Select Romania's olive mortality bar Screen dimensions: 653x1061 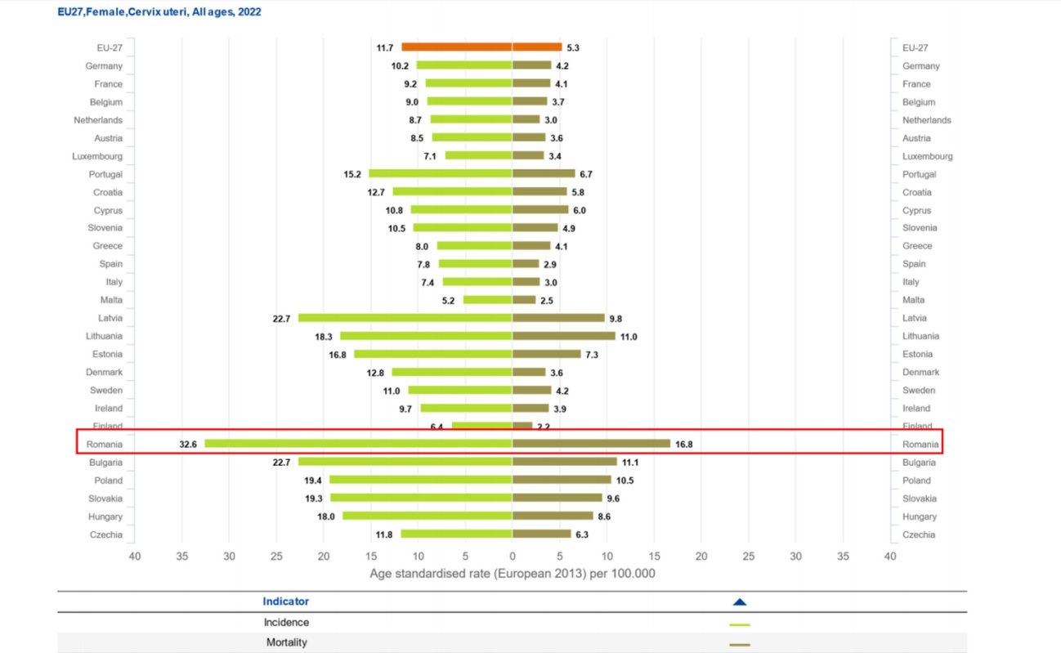click(x=591, y=444)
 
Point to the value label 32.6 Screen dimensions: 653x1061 click(x=189, y=445)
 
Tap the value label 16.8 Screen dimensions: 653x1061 click(x=684, y=445)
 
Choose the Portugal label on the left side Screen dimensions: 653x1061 click(x=105, y=174)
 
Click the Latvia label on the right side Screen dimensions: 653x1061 click(x=916, y=318)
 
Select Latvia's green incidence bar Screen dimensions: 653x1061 click(x=405, y=318)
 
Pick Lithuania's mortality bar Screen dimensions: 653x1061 click(x=563, y=336)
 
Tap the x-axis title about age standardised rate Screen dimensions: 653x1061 click(x=513, y=574)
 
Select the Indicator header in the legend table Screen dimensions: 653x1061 click(x=286, y=602)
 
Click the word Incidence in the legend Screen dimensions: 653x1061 click(x=286, y=623)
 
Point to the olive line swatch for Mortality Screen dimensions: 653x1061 click(x=739, y=645)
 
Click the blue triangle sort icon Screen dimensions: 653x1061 click(x=740, y=602)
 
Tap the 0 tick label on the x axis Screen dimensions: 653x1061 click(x=513, y=556)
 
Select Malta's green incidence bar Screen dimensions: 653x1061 click(x=487, y=300)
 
